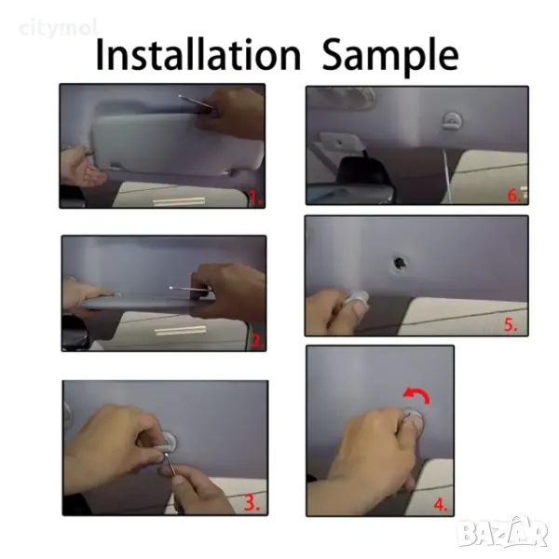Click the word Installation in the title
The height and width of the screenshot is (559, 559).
point(198,55)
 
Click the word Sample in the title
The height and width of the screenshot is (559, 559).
point(390,57)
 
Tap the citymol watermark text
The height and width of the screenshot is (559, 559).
point(58,29)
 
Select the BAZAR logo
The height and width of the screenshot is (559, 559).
point(503,532)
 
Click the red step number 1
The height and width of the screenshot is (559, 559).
point(255,198)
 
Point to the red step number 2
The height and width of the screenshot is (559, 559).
point(257,341)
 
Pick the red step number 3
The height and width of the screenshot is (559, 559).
point(252,502)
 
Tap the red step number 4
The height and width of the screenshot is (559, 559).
point(441,504)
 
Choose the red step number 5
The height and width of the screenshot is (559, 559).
point(511,324)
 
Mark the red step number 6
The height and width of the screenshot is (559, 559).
point(513,196)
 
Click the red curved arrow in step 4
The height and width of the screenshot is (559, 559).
point(417,395)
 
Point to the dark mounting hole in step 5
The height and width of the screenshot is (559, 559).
point(399,263)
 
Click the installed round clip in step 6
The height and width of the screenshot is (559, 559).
point(452,120)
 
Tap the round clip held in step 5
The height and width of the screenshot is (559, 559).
point(357,299)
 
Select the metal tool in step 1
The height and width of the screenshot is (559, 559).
point(196,102)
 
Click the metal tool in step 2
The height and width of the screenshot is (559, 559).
point(190,289)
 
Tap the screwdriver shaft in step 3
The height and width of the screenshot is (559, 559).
point(170,463)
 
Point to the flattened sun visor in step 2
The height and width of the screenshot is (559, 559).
point(143,302)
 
